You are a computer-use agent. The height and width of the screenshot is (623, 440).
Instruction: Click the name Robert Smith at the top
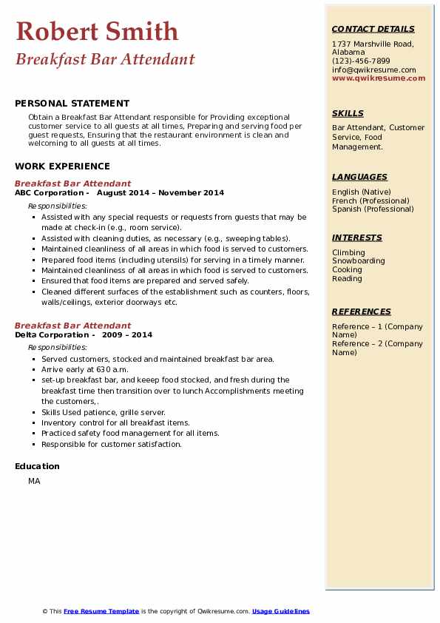tap(97, 31)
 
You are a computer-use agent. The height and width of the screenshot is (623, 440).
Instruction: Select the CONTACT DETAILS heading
tap(373, 29)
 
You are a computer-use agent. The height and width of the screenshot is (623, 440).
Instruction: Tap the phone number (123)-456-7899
tap(361, 61)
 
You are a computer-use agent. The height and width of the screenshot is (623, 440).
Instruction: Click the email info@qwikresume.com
tap(373, 70)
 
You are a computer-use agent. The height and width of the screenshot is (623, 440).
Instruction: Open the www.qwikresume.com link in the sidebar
tap(379, 78)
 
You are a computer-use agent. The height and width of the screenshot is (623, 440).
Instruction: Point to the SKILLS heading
tap(348, 113)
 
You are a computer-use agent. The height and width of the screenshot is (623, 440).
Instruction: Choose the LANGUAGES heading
tap(359, 177)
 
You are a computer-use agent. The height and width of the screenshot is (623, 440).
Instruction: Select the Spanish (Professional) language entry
tap(373, 209)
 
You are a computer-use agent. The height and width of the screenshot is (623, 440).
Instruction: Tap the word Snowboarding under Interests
tap(358, 261)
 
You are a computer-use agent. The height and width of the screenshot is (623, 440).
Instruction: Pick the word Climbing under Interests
tap(348, 252)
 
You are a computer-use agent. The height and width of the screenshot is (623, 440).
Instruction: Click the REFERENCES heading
tap(362, 311)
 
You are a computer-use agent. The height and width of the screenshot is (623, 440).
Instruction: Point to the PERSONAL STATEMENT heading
tap(72, 104)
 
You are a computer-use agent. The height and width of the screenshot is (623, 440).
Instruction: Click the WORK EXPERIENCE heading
tap(62, 166)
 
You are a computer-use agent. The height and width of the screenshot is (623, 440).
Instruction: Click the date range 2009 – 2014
tap(129, 335)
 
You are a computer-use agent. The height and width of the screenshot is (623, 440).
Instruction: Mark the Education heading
tap(37, 466)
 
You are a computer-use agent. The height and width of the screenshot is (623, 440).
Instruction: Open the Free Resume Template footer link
tap(101, 611)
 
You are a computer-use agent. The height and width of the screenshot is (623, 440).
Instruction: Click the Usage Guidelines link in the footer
tap(280, 611)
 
